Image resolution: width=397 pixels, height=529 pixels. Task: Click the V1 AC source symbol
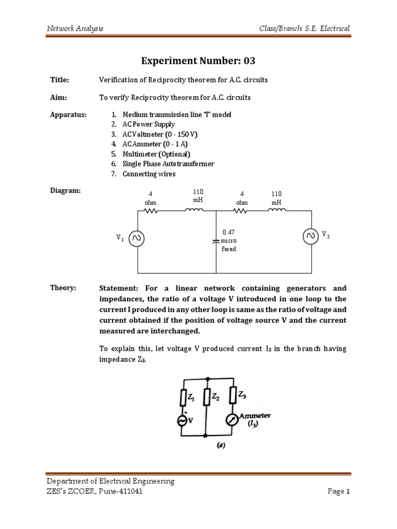(138, 238)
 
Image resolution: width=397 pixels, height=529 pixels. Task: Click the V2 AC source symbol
(311, 236)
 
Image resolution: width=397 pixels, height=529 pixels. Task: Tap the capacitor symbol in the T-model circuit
(216, 241)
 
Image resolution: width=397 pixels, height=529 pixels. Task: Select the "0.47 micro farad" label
(228, 241)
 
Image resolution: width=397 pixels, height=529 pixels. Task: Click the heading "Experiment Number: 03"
(198, 61)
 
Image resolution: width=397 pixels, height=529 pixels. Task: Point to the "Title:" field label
(59, 80)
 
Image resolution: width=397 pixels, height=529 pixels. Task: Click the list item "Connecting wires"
(149, 174)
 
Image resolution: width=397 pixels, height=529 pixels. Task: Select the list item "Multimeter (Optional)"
(156, 154)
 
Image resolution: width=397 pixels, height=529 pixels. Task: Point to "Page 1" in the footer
(339, 491)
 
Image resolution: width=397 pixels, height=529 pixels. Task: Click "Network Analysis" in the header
(75, 28)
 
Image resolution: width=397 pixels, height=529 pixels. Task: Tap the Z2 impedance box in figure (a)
(206, 397)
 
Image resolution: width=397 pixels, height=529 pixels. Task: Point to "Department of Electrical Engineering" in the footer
(111, 481)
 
